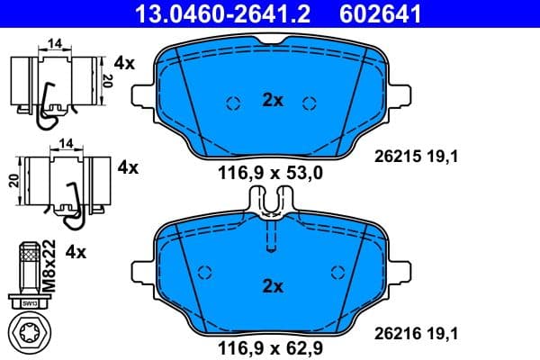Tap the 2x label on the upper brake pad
pos(272,102)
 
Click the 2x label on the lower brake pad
pos(272,286)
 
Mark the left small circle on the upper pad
pos(232,102)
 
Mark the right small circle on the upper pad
pos(310,102)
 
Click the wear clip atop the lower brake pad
pos(271,205)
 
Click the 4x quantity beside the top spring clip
pos(125,64)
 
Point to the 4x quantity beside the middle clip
pos(128,167)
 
